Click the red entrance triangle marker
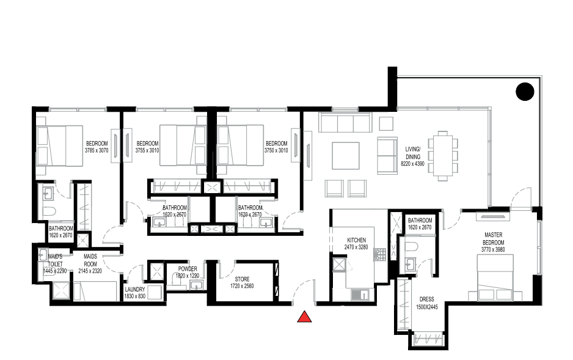[304, 317]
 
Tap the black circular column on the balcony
[525, 91]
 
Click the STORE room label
[242, 279]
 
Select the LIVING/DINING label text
[412, 153]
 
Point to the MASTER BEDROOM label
[494, 238]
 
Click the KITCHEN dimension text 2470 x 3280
[356, 247]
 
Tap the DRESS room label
[426, 299]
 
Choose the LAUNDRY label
[135, 289]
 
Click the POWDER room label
[188, 269]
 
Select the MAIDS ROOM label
[90, 260]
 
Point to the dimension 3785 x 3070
[97, 150]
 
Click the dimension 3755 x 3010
[147, 150]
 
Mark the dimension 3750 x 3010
[276, 150]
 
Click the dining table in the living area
[443, 156]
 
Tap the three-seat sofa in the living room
[345, 122]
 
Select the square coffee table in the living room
[345, 156]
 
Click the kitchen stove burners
[380, 254]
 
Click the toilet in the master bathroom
[411, 248]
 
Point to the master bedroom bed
[495, 277]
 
